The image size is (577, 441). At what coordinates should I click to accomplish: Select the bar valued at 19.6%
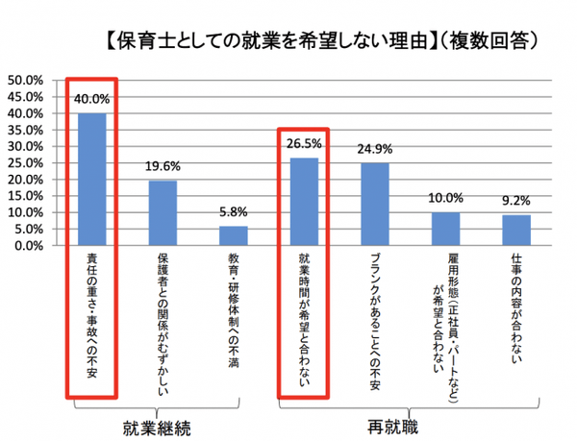(163, 212)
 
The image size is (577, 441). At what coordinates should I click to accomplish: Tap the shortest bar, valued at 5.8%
(234, 235)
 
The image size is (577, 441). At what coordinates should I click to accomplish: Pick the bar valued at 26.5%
(304, 201)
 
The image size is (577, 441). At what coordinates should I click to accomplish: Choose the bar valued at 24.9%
(375, 204)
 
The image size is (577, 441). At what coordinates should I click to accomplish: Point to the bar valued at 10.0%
(446, 229)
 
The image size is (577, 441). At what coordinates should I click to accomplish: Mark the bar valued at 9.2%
(516, 230)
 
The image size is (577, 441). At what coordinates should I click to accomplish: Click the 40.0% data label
(92, 99)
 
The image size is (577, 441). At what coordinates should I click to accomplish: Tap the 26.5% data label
(304, 144)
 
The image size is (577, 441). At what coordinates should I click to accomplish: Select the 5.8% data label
(234, 211)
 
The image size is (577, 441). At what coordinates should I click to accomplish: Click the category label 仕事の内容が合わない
(517, 307)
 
